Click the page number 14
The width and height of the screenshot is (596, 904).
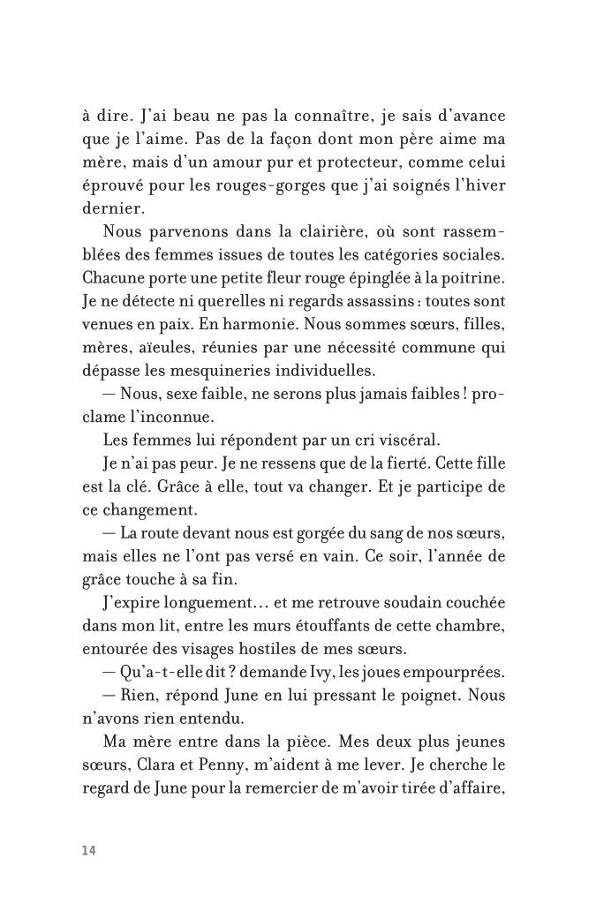click(x=88, y=849)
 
